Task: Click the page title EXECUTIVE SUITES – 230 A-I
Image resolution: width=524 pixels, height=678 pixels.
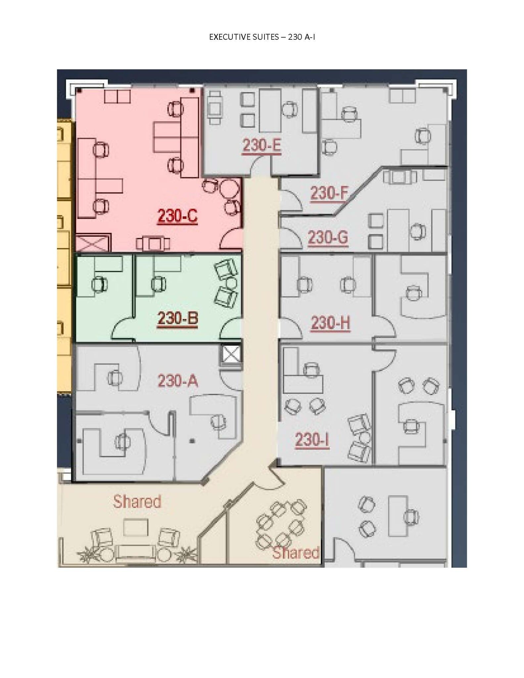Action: [x=262, y=37]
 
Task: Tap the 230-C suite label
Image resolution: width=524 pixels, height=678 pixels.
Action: [x=177, y=216]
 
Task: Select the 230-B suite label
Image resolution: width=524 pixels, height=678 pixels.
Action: [x=178, y=318]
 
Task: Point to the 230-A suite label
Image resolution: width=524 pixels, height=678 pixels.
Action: [x=178, y=381]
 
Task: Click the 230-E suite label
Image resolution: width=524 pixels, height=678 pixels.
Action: [x=262, y=146]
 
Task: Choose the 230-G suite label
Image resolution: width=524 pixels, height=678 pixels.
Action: [x=328, y=237]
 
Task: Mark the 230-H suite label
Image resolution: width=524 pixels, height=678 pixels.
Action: [x=330, y=323]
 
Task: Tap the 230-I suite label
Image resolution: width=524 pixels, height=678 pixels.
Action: [x=312, y=440]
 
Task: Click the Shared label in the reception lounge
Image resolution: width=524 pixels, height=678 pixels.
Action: [x=137, y=501]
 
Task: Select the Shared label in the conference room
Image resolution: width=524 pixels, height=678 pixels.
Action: [x=296, y=553]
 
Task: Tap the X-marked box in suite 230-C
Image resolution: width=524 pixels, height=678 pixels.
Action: [x=93, y=243]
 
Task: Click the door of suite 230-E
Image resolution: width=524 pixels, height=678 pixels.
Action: [x=261, y=167]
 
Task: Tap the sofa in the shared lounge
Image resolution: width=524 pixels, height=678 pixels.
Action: [x=136, y=553]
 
